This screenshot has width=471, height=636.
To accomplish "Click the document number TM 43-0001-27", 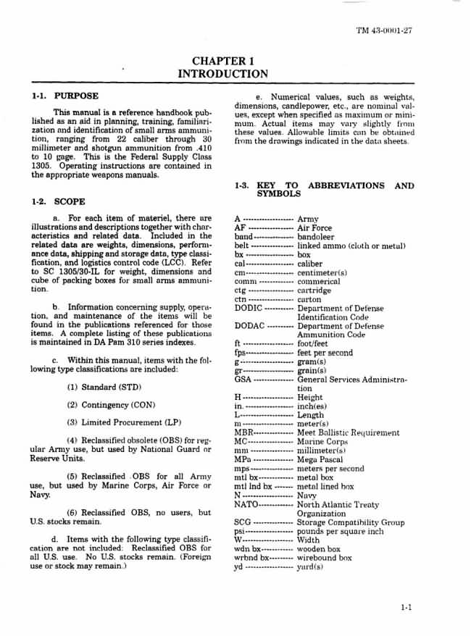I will [x=385, y=31].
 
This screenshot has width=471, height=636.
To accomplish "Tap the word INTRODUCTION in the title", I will [x=222, y=74].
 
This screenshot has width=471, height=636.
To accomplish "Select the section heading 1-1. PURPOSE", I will [x=65, y=96].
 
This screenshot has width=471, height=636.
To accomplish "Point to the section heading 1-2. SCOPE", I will [x=59, y=202].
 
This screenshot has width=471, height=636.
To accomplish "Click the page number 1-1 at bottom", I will [x=406, y=608].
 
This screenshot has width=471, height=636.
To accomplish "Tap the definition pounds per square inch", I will [x=340, y=532].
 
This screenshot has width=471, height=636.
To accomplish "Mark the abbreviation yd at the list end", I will [x=239, y=567].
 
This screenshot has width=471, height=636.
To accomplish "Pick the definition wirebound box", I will [x=325, y=558].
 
